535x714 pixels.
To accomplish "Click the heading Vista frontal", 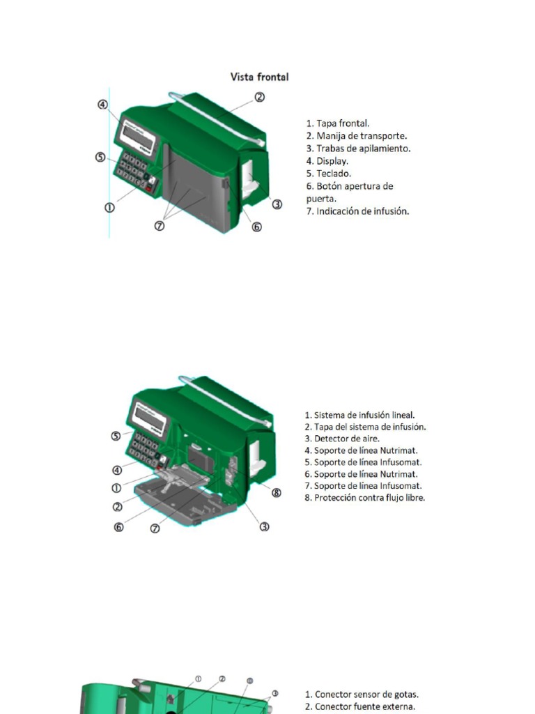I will point(259,77).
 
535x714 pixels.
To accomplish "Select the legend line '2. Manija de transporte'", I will point(356,136).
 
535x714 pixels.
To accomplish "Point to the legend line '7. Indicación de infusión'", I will point(357,211).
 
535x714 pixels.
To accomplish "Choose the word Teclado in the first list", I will point(334,174).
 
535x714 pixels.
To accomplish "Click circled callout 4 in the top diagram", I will point(102,105).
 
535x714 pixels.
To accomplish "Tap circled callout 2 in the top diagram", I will point(259,97).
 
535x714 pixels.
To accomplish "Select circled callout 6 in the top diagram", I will point(256,227).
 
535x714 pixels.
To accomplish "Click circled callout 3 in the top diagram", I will point(277,204).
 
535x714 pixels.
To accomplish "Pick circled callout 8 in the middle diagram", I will point(277,493).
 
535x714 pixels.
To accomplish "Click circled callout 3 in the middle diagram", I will point(265,527).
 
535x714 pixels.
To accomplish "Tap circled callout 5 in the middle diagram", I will point(116,436).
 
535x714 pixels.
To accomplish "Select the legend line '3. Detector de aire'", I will point(342,439).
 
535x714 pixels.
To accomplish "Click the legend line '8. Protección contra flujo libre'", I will point(364,498).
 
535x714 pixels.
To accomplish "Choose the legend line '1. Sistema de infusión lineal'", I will point(359,415).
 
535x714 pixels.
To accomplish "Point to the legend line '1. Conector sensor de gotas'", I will point(362,694).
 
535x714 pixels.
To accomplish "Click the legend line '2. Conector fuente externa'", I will point(360,706).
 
